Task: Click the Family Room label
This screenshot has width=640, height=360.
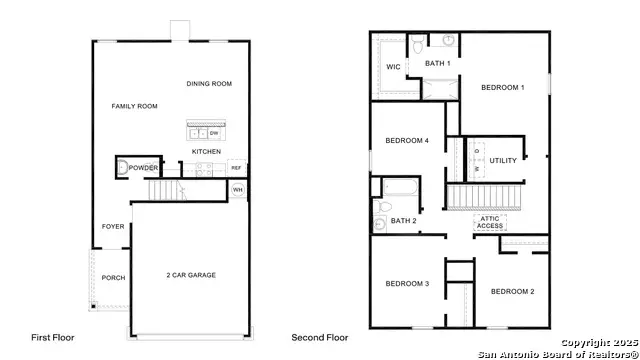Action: [134, 105]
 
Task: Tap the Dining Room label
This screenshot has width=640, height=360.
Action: [209, 84]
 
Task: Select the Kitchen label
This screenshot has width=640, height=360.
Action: [206, 152]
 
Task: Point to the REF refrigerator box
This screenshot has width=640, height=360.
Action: [237, 168]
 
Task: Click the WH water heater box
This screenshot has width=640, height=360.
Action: [238, 189]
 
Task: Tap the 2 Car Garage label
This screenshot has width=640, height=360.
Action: [190, 275]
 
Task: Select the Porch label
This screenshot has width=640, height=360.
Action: [113, 277]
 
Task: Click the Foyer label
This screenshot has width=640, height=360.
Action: [113, 227]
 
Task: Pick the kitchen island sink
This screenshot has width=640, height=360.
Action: [198, 132]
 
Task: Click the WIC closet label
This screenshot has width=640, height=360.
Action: [393, 68]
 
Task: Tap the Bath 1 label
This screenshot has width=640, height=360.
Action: [438, 64]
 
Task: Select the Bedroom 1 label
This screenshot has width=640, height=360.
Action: [502, 88]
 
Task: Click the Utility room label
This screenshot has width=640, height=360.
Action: [502, 160]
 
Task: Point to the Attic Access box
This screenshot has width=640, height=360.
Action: [490, 223]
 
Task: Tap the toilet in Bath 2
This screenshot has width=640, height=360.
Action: [381, 223]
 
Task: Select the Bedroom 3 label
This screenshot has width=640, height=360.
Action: [407, 284]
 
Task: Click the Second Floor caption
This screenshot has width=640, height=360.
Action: [321, 338]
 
